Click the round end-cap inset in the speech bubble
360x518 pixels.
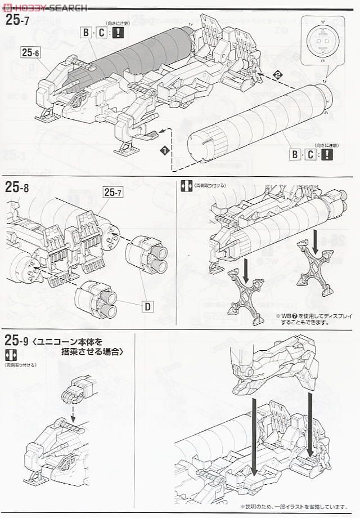pyautogui.click(x=322, y=41)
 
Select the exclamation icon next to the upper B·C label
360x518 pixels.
pyautogui.click(x=118, y=33)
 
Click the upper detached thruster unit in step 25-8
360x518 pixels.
pyautogui.click(x=148, y=254)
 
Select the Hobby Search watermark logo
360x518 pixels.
pyautogui.click(x=44, y=7)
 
